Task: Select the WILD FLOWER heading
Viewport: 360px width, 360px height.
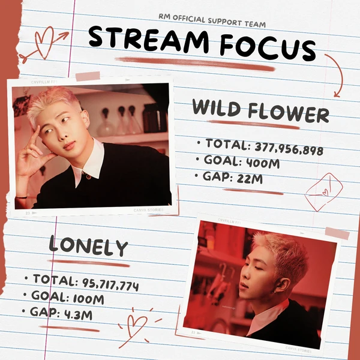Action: tap(260, 112)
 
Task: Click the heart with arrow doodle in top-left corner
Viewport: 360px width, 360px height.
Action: tap(43, 43)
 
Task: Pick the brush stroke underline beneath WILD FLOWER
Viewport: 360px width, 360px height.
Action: tap(260, 127)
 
